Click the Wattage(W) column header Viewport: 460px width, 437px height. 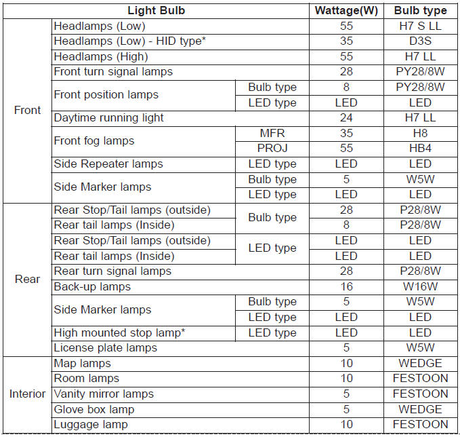coord(346,10)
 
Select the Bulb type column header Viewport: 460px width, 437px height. coord(420,10)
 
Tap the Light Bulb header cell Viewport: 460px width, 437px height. coord(156,10)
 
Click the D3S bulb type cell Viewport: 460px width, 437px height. coord(420,41)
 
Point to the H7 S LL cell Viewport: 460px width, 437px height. coord(420,26)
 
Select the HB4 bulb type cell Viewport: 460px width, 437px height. coord(420,148)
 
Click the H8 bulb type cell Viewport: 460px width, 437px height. coord(420,133)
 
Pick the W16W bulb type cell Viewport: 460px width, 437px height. coord(420,286)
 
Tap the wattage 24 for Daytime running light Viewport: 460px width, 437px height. coord(346,117)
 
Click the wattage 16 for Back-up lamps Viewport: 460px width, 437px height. coord(346,286)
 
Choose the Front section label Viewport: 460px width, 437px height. coord(27,110)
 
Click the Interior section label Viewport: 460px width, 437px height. coord(27,394)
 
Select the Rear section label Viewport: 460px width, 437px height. coord(27,279)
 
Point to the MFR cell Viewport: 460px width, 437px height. coord(272,133)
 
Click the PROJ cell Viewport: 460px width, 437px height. coord(272,148)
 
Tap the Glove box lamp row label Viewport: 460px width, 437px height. coord(94,409)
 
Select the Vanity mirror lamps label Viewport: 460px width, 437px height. coord(104,394)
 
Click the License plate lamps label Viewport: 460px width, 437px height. coord(105,347)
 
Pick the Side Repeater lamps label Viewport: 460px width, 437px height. coord(108,164)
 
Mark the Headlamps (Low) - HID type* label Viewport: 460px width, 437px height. coord(129,41)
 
